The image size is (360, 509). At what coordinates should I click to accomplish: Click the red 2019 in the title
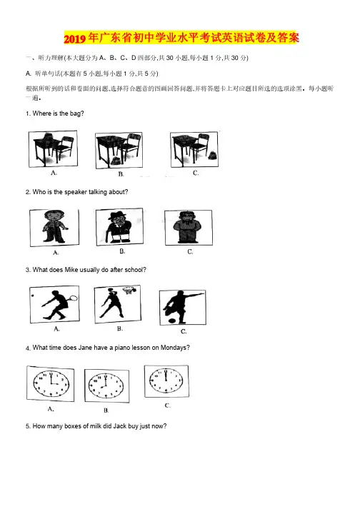(x=75, y=39)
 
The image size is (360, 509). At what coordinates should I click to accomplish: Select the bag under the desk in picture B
(x=115, y=161)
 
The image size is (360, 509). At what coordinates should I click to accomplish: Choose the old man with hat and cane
(x=119, y=226)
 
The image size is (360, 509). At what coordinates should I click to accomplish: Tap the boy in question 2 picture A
(x=54, y=226)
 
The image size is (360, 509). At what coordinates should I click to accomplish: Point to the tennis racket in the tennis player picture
(x=74, y=297)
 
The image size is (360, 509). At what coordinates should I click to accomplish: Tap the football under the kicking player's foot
(x=172, y=321)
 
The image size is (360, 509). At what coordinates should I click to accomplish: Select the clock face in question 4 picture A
(x=51, y=383)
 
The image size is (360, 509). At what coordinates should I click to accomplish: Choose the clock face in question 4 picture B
(x=106, y=385)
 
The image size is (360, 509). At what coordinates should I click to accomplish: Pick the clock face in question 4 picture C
(x=166, y=381)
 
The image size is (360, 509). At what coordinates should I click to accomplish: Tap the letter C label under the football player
(x=184, y=331)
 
